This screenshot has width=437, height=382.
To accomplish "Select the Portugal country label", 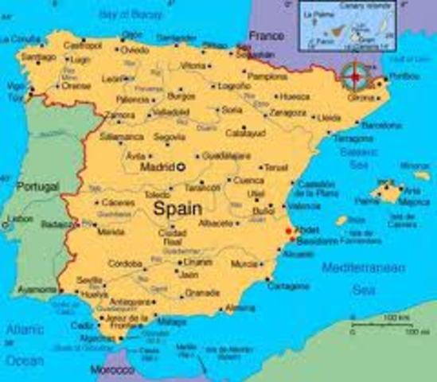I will pos(37,186).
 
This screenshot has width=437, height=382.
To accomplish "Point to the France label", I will pos(266,36).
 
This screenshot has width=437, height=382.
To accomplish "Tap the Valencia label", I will pos(305,205).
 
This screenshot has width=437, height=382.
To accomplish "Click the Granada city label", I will pos(201,292).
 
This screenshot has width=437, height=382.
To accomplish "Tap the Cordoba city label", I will pos(124,263).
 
